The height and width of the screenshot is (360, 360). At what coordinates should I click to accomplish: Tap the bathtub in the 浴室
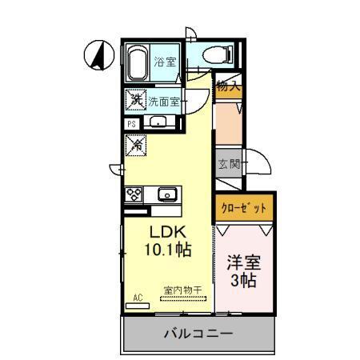pos(136,62)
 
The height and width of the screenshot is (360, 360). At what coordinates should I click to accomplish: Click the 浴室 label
pos(166,62)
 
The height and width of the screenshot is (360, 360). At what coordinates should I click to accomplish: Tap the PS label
pos(131,124)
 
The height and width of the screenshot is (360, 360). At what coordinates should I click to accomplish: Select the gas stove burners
pos(134,194)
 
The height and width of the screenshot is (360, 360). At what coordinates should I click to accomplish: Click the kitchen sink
pos(168,194)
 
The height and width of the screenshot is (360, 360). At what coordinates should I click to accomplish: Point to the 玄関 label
pos(229,165)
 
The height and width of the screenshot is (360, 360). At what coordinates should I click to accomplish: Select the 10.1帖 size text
pos(166,250)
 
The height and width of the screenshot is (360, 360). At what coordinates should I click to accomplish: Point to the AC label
pos(138,297)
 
